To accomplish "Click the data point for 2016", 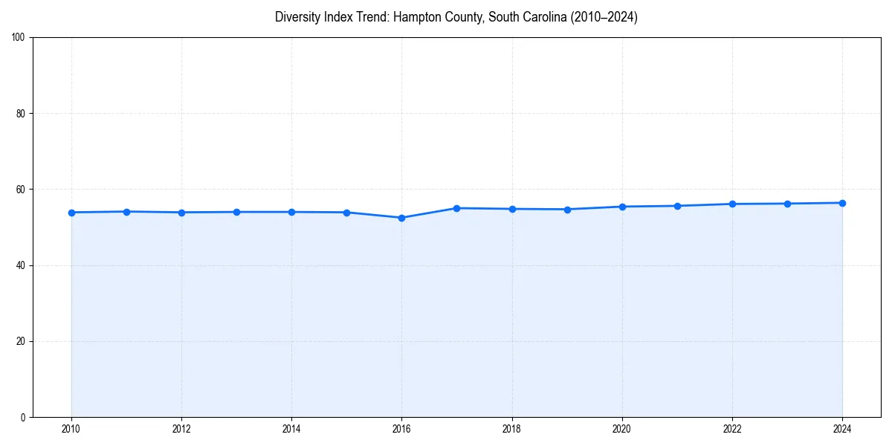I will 401,218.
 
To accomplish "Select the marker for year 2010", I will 71,213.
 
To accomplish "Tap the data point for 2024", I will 842,203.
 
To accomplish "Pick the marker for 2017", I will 456,208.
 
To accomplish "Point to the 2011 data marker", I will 126,212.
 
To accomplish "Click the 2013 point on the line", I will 236,212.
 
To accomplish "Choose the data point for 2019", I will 567,210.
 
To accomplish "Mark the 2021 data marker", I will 677,206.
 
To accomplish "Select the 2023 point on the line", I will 787,204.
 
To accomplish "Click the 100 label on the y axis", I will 19,38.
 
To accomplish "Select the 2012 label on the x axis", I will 181,428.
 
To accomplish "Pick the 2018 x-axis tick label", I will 511,428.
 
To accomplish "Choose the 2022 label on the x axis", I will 732,428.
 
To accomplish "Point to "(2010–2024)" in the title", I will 603,17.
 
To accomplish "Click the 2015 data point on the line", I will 346,213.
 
